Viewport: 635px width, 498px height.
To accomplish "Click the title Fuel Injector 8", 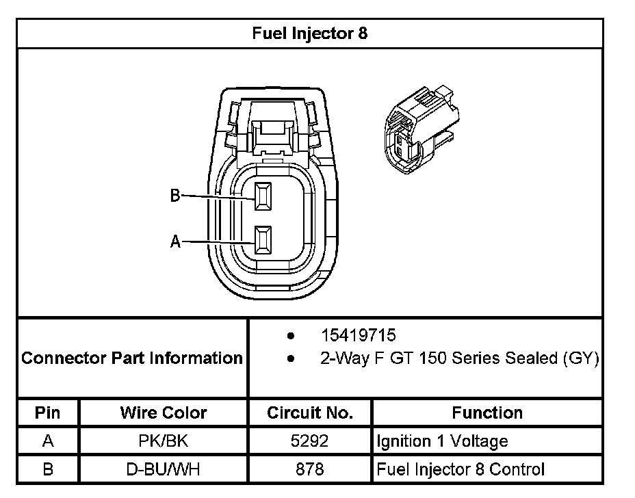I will tap(310, 34).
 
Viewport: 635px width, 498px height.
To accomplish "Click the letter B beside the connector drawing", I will tap(175, 196).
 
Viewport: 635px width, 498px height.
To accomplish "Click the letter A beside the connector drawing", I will tap(175, 241).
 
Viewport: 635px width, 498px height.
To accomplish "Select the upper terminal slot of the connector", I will tap(263, 196).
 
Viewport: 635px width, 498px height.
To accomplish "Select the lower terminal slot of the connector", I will tap(263, 241).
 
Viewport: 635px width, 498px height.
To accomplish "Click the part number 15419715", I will tap(359, 336).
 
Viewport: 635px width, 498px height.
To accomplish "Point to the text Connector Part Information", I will tap(132, 358).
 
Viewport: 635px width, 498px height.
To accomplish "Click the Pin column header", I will tap(48, 412).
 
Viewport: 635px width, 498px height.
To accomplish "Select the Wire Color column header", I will tap(164, 412).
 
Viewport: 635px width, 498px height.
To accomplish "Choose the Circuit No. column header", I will tap(310, 412).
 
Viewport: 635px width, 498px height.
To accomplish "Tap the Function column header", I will tap(487, 412).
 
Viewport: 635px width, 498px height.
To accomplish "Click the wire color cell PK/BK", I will tap(164, 441).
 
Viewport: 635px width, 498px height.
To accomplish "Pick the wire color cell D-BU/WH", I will tap(164, 469).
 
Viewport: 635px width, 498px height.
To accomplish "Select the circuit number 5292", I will tap(310, 441).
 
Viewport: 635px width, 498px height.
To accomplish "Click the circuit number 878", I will tap(310, 469).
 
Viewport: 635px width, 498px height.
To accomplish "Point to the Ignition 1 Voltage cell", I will tap(442, 441).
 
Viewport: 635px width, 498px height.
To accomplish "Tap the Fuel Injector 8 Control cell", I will tap(461, 469).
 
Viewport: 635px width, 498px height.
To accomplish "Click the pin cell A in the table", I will tap(48, 441).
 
